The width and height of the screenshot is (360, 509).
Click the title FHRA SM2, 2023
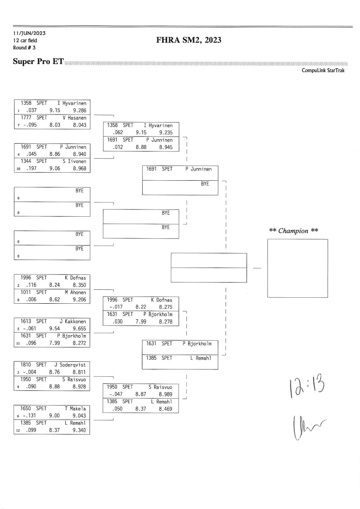[189, 40]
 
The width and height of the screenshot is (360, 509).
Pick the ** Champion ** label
[294, 231]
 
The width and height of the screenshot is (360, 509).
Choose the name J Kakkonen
[75, 321]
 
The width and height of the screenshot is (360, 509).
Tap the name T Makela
[75, 408]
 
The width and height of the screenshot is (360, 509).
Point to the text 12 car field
[26, 40]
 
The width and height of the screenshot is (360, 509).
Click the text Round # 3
[24, 47]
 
